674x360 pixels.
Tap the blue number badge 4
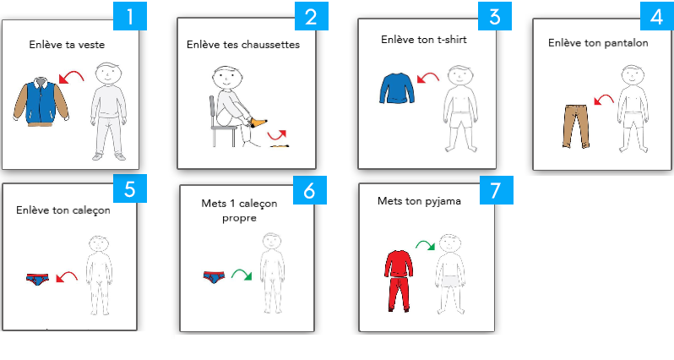[650, 18]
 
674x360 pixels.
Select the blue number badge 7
[491, 190]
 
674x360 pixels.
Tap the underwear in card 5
[38, 277]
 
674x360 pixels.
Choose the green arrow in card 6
[242, 275]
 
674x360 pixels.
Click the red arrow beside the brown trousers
[603, 101]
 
